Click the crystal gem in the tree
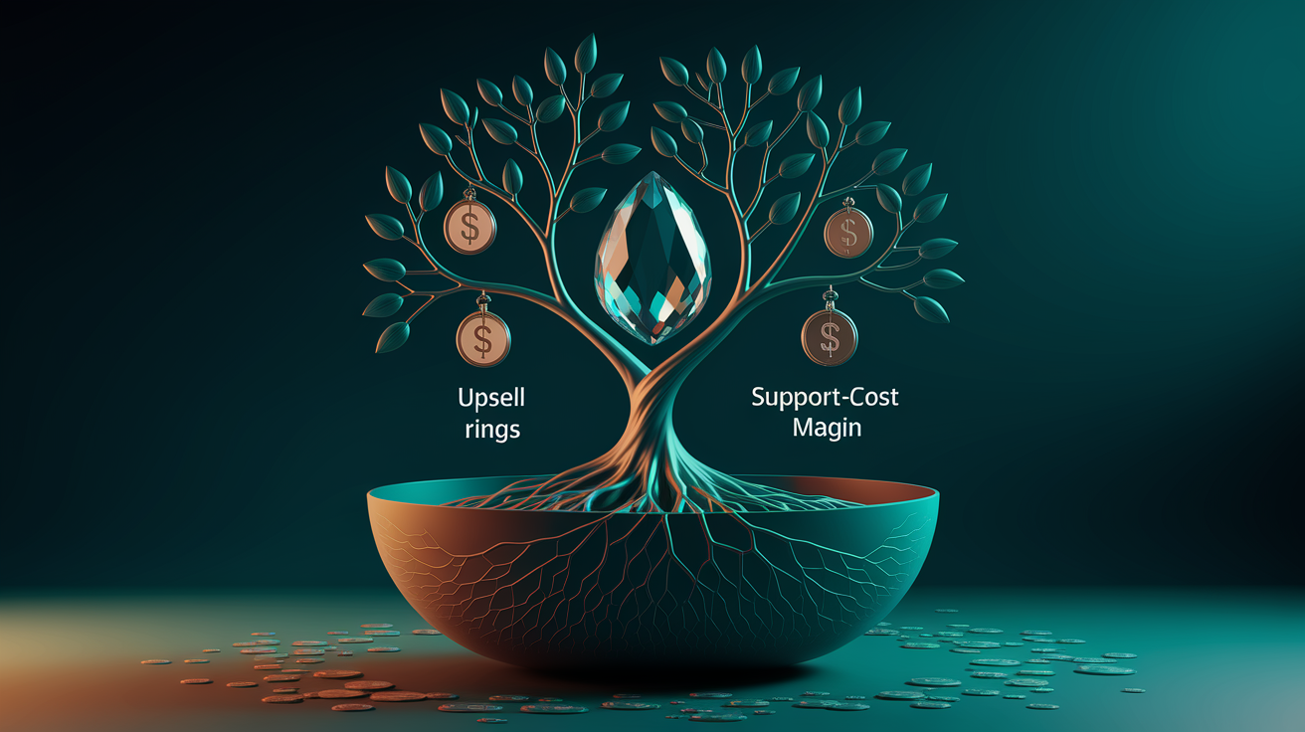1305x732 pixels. tap(652, 258)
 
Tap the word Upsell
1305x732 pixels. tap(491, 399)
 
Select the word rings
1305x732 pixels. tap(492, 431)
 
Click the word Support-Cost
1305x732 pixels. tap(825, 398)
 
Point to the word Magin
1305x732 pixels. tap(827, 428)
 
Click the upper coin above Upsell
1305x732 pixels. tap(469, 227)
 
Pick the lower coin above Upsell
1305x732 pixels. tap(483, 339)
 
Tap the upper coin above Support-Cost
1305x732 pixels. tap(848, 233)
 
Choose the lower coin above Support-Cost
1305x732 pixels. tap(829, 337)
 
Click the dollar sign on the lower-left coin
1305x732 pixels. tap(483, 339)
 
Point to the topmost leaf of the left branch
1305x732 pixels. tap(586, 54)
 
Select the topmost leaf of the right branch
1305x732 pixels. tap(752, 64)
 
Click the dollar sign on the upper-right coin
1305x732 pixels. tap(848, 233)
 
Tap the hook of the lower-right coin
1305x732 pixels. tap(830, 298)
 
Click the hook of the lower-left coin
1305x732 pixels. tap(483, 302)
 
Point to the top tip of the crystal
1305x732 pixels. tap(653, 171)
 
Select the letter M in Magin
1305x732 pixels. tap(803, 427)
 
